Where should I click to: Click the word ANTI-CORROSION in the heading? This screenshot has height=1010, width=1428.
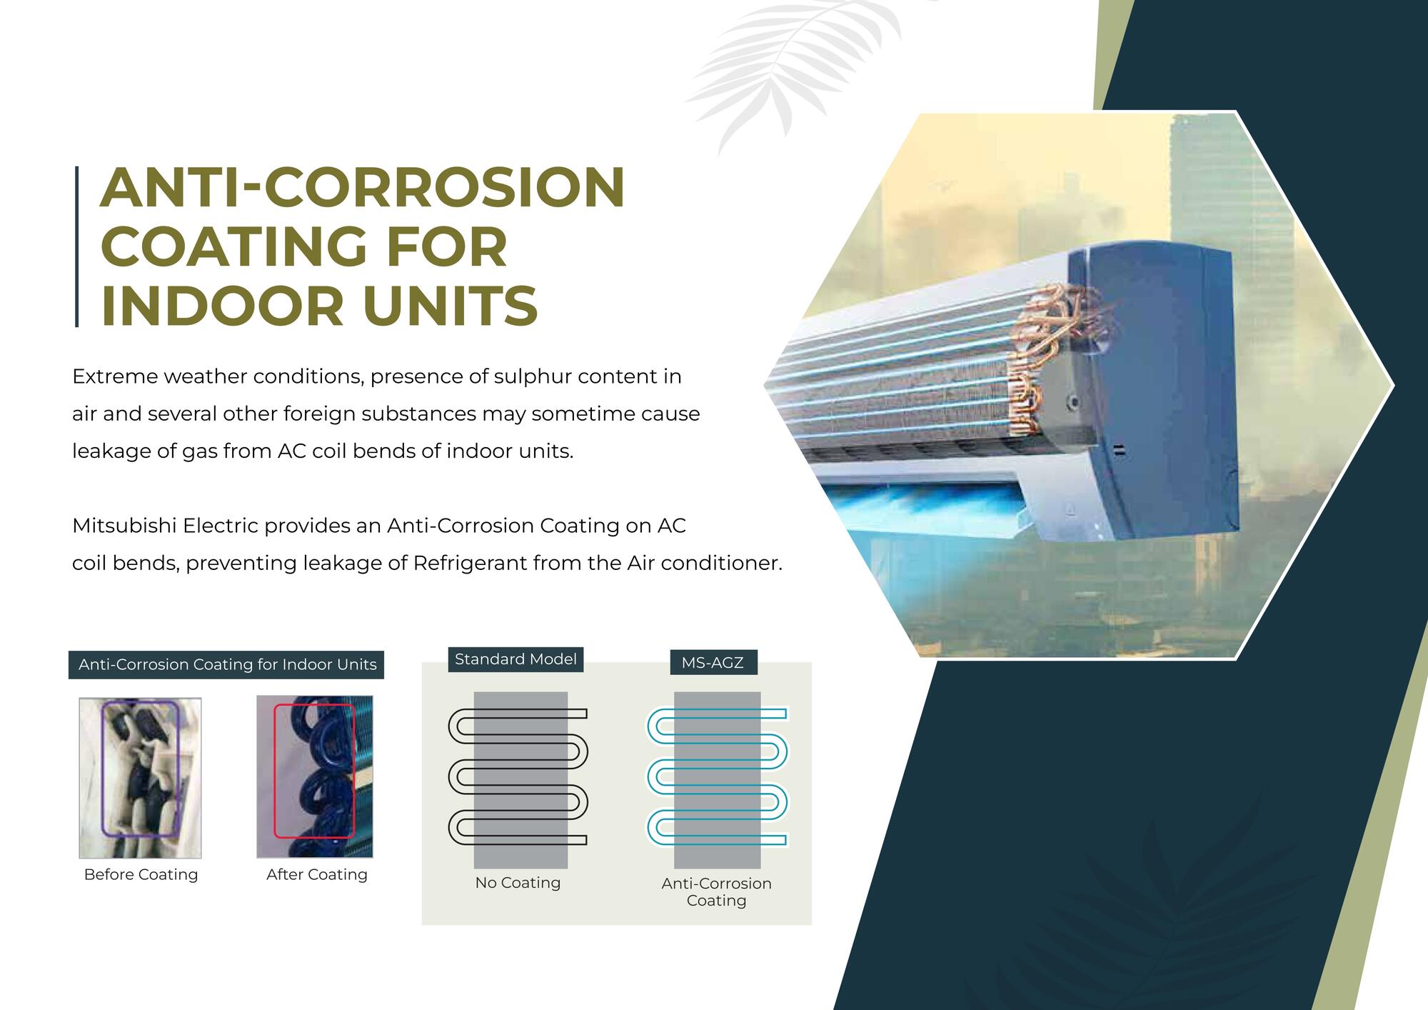(363, 187)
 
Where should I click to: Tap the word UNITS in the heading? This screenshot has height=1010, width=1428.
(450, 306)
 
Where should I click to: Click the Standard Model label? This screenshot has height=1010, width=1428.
(516, 659)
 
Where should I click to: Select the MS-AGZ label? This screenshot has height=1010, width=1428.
(713, 663)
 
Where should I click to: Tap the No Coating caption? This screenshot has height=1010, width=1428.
(518, 883)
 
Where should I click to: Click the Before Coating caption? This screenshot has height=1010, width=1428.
(141, 875)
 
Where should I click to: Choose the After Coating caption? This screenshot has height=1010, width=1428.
(316, 875)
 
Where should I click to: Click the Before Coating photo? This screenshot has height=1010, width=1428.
(140, 778)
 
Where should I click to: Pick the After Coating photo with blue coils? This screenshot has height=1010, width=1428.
(314, 776)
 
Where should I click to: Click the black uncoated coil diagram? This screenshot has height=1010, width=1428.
(518, 776)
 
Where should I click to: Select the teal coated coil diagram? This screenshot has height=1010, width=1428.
(717, 776)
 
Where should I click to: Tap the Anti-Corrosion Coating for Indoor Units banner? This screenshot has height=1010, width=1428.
(226, 665)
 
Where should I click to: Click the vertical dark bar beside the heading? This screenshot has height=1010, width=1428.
(76, 247)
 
